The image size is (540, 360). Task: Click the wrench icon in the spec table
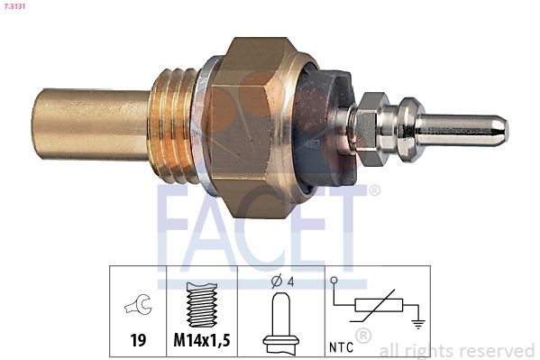(x=139, y=305)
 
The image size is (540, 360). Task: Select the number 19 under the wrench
(x=139, y=341)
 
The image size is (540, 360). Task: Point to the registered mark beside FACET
(x=374, y=190)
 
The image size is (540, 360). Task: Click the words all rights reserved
(x=456, y=350)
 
